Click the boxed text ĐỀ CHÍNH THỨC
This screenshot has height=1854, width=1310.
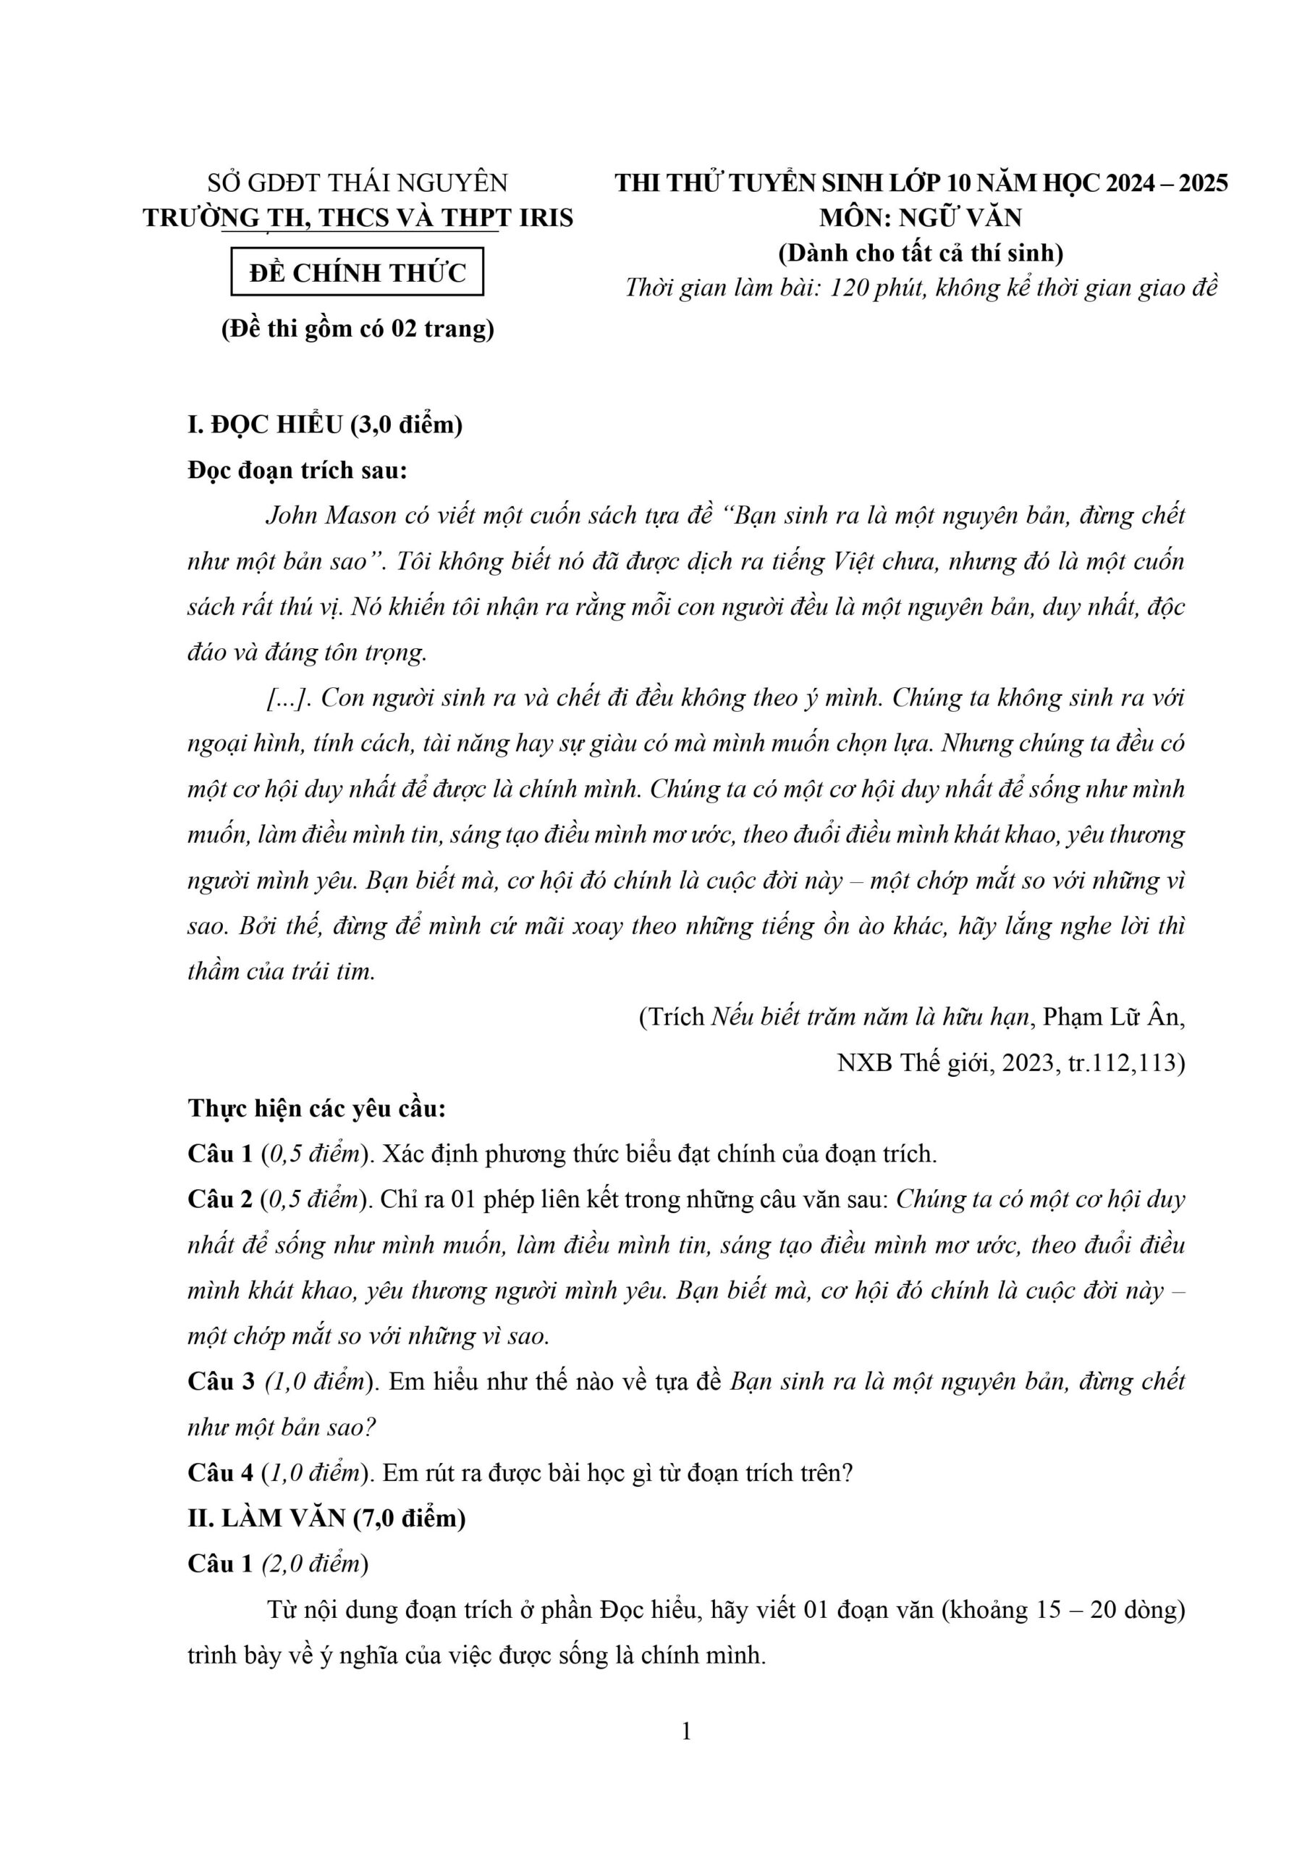[358, 274]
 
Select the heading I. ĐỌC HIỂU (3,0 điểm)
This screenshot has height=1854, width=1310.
[325, 424]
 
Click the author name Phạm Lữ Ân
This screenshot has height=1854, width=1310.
[1114, 1017]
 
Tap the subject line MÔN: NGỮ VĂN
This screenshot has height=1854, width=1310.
[921, 218]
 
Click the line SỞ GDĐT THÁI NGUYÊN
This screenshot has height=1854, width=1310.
[358, 183]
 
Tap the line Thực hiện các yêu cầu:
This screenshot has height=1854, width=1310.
[317, 1109]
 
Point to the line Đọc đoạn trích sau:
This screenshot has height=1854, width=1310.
[298, 470]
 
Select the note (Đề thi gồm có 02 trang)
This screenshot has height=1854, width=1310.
[358, 330]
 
